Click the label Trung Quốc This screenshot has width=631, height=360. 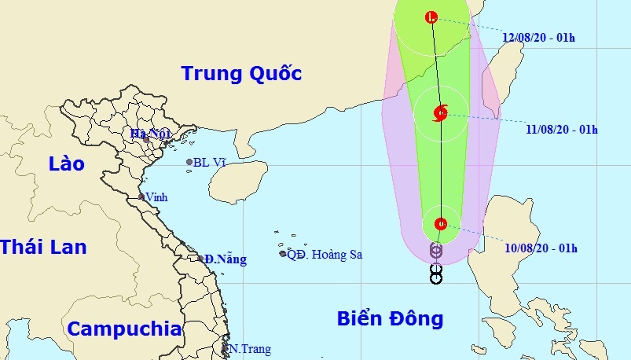(x=241, y=74)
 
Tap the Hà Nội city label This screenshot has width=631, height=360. (x=151, y=134)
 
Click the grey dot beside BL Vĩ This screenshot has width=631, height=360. (x=189, y=163)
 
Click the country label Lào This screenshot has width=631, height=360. (x=66, y=163)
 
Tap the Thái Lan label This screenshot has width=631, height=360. (x=42, y=246)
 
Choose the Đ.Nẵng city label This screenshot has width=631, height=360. (x=226, y=259)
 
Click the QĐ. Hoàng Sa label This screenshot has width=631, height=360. (x=325, y=254)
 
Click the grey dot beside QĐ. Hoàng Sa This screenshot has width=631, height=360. (x=283, y=253)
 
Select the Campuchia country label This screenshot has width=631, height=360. (x=124, y=329)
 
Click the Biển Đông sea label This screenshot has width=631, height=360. (x=391, y=318)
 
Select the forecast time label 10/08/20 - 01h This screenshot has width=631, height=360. (x=541, y=248)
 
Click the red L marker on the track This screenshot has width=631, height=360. (x=431, y=17)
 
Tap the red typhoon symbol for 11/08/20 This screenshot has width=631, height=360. (x=440, y=113)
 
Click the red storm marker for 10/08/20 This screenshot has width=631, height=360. (x=440, y=224)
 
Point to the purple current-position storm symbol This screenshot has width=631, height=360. (x=436, y=251)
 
